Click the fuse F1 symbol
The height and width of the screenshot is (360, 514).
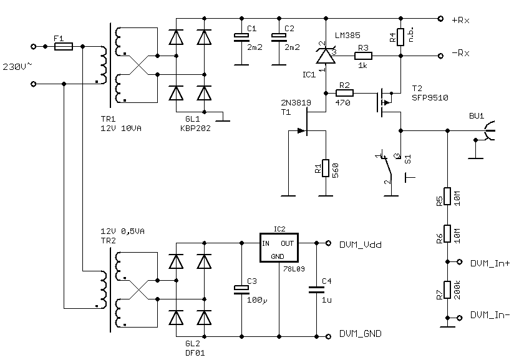coord(64,46)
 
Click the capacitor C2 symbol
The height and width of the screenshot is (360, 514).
coord(275,37)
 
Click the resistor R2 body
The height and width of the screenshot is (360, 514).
coord(344,93)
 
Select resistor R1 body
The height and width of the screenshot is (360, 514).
coord(325,167)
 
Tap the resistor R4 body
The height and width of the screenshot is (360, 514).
coord(400,37)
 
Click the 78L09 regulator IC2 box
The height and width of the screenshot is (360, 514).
coord(279,248)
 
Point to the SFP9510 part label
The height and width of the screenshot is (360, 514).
coord(430,98)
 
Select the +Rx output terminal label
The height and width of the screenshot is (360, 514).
coord(461,19)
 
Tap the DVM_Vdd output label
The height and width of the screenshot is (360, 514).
coord(361,244)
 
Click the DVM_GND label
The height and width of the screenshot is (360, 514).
coord(361,334)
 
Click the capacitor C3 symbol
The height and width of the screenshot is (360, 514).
coord(241,288)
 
